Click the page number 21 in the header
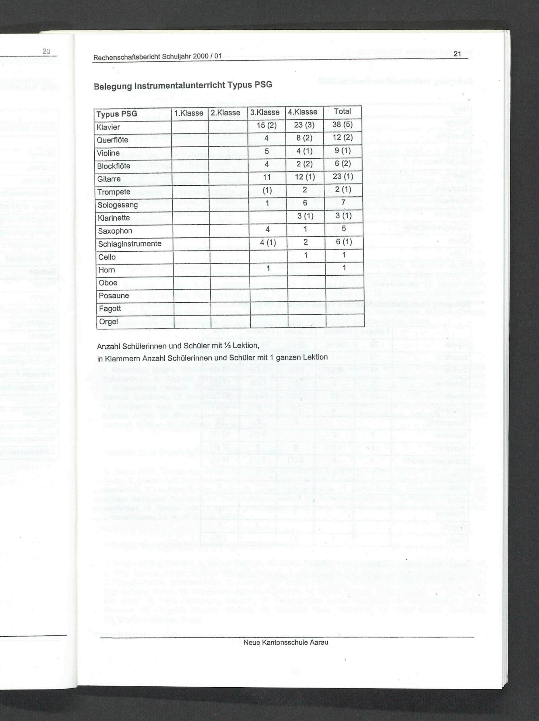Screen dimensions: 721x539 (457, 54)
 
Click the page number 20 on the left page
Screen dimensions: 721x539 (46, 51)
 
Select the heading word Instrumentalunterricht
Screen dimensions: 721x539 (179, 85)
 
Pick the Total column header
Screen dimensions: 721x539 (342, 112)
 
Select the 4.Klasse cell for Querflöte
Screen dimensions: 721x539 (304, 138)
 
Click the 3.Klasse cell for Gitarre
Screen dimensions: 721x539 (267, 178)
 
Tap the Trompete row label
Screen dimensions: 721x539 (113, 192)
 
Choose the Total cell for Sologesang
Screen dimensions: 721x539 (343, 203)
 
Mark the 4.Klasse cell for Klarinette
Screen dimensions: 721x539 (305, 216)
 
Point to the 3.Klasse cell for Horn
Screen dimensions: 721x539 (267, 269)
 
